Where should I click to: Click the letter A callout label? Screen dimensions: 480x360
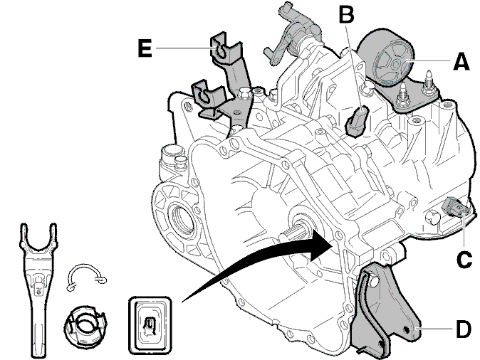(x=461, y=61)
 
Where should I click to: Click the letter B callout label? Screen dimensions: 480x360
(x=346, y=14)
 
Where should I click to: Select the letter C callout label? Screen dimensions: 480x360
(x=464, y=260)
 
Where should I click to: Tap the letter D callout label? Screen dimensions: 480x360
(x=463, y=329)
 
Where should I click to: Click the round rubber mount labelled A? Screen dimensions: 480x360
(x=386, y=59)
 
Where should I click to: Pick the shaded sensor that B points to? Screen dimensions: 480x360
(x=357, y=121)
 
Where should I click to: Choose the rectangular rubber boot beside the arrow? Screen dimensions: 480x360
(x=150, y=325)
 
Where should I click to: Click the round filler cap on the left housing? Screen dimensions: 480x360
(x=172, y=153)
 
